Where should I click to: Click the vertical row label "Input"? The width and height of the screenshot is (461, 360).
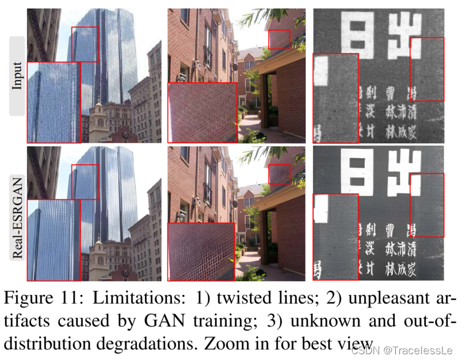point(17,75)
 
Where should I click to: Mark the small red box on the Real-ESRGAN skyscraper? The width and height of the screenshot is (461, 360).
point(85,182)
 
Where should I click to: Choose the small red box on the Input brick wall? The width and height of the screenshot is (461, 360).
point(279,40)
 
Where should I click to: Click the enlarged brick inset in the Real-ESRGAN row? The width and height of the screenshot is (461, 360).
point(201,252)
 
